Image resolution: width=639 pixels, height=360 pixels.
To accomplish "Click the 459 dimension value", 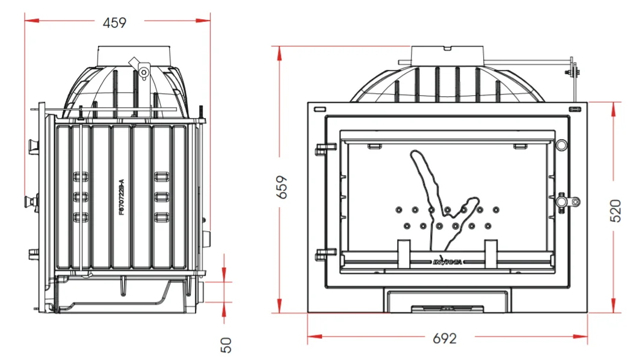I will (x=114, y=23).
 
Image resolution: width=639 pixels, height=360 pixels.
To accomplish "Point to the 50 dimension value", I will (x=226, y=345).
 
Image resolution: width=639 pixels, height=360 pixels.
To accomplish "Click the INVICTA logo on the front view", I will (x=448, y=261).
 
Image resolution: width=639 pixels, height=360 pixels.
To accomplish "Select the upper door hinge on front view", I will (x=326, y=146).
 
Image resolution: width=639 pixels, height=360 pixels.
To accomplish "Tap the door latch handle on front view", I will (x=567, y=201).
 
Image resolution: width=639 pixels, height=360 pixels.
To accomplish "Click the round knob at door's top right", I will (x=561, y=145).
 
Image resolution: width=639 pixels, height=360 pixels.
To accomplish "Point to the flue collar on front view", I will (x=447, y=55).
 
